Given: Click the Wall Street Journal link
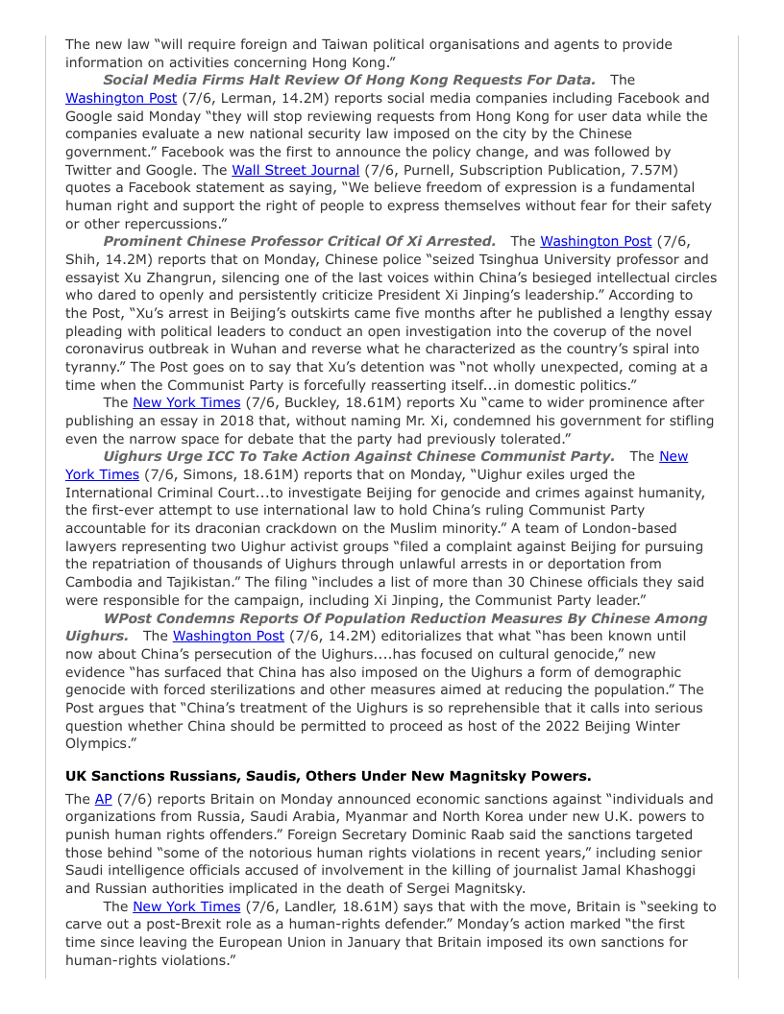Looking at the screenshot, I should pos(282,170).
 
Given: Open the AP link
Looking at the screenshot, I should pos(103,799).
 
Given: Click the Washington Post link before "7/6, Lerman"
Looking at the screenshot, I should pos(121,98).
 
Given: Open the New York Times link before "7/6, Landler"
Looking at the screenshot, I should pos(186,906).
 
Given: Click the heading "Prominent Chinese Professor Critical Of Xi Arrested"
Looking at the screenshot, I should pos(299,241).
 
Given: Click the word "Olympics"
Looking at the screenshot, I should pos(98,743).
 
